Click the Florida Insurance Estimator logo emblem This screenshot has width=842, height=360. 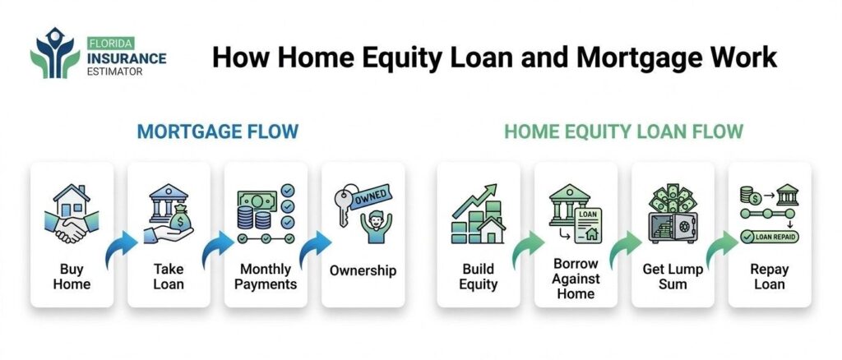click(55, 53)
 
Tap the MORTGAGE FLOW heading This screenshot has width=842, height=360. click(217, 132)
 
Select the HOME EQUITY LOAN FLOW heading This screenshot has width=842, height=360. click(623, 132)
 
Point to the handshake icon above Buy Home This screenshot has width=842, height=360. click(72, 227)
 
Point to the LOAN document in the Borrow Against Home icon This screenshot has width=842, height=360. click(587, 226)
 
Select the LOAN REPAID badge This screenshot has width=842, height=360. click(770, 236)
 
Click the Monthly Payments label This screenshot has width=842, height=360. click(266, 276)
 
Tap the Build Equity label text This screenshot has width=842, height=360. click(479, 276)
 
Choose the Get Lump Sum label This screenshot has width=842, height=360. click(673, 276)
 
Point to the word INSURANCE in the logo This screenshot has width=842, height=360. click(126, 58)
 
